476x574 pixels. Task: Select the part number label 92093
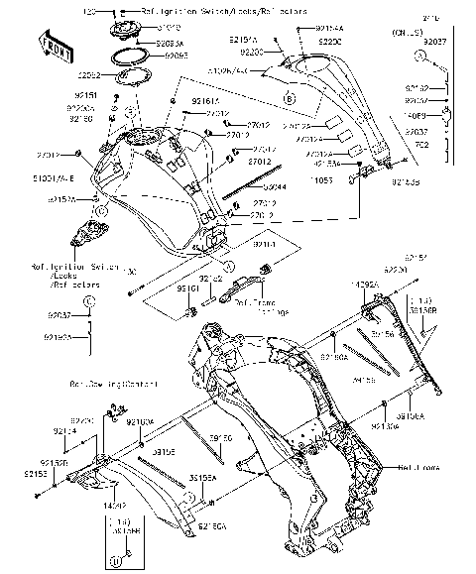pyautogui.click(x=177, y=57)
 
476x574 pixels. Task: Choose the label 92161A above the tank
pyautogui.click(x=206, y=100)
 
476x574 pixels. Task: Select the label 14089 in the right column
pyautogui.click(x=416, y=116)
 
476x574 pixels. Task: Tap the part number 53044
pyautogui.click(x=247, y=186)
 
